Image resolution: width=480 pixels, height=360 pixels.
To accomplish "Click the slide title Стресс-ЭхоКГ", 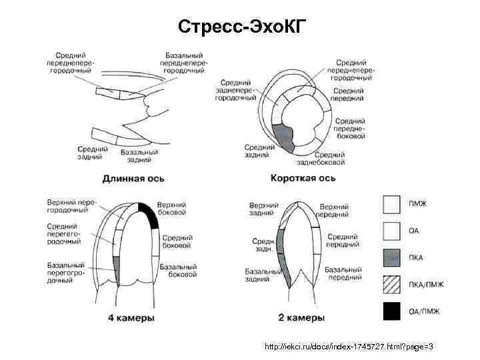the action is pyautogui.click(x=241, y=27).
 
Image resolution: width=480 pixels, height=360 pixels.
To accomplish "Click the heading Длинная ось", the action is pyautogui.click(x=133, y=178).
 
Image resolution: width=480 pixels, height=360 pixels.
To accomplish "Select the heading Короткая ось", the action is pyautogui.click(x=303, y=178).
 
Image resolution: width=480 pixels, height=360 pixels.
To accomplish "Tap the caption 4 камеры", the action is pyautogui.click(x=131, y=318).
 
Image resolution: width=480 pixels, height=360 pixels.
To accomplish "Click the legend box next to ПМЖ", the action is pyautogui.click(x=392, y=203).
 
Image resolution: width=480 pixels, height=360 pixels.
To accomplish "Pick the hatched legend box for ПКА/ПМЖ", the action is pyautogui.click(x=392, y=285).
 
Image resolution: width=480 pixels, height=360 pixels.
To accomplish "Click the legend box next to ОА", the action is pyautogui.click(x=392, y=231).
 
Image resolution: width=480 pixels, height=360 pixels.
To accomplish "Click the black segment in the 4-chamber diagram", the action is pyautogui.click(x=147, y=215).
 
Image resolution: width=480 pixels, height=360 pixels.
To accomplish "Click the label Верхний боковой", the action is pyautogui.click(x=171, y=208).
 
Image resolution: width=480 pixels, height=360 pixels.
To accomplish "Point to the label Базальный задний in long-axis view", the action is pyautogui.click(x=139, y=156).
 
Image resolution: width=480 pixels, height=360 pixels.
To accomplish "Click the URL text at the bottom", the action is pyautogui.click(x=349, y=347).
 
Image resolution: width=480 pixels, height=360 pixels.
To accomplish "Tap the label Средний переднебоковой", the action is pyautogui.click(x=349, y=129).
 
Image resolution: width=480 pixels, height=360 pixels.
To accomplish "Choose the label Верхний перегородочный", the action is pyautogui.click(x=73, y=205).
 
